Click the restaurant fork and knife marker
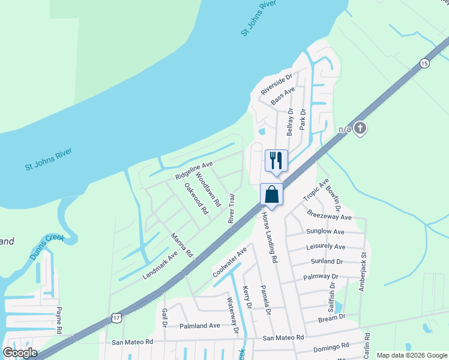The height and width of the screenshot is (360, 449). coord(276,160)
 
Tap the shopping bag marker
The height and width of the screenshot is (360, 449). coord(271,194)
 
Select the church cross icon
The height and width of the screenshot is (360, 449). coord(360,128)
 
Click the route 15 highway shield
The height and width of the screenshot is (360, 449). coord(425,63)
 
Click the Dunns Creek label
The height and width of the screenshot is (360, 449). coord(47,248)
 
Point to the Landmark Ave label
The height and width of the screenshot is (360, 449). coord(160,264)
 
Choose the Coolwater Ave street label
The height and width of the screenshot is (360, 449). coord(230,263)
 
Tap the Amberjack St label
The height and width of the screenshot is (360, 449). coord(363,272)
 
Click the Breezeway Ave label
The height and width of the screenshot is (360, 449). coord(329,216)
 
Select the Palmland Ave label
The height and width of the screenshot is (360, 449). coord(200,326)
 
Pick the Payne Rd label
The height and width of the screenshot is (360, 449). coord(59,320)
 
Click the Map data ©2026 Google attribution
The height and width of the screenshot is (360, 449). coord(411,355)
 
